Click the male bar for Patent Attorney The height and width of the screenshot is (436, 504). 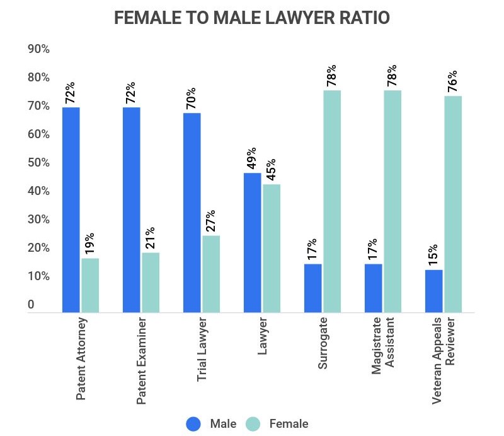(71, 209)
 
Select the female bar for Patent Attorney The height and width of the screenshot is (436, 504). (90, 285)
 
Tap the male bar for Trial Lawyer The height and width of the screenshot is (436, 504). (192, 212)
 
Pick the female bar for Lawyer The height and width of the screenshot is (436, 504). (272, 248)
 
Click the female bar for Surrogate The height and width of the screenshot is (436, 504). (332, 201)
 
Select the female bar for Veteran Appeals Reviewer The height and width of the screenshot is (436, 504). (453, 204)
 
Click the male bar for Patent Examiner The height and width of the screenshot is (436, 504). (131, 209)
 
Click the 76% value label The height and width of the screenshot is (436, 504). (452, 81)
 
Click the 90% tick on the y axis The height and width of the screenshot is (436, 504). (38, 49)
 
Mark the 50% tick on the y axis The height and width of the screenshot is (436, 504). (38, 163)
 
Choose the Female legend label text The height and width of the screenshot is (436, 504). (289, 423)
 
